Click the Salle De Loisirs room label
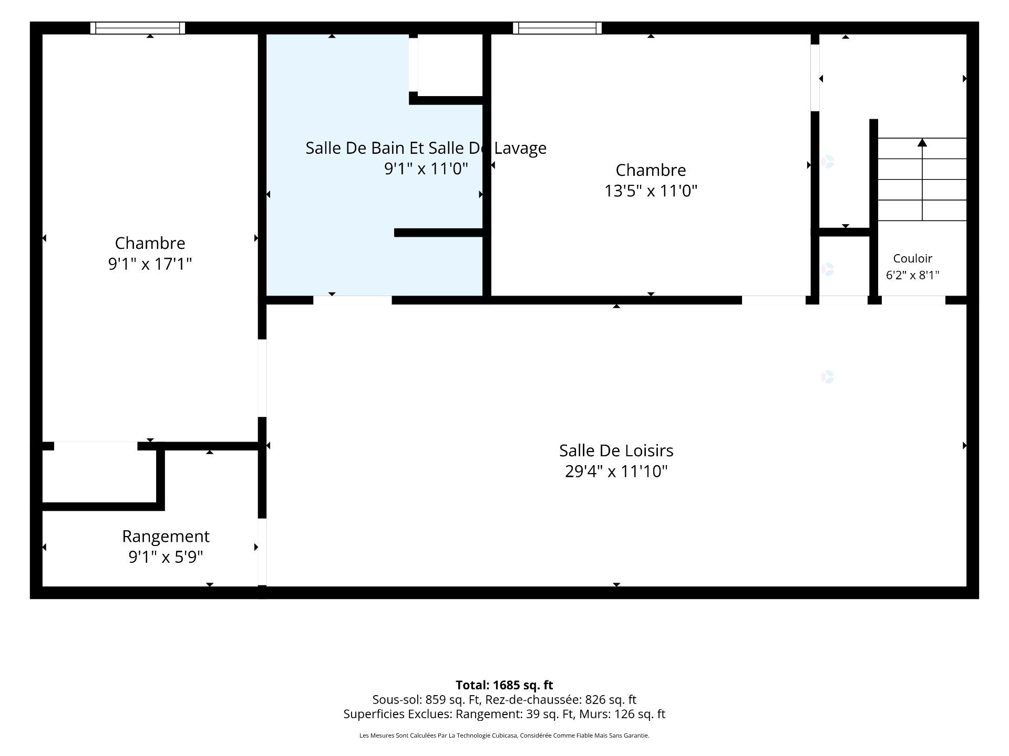(x=616, y=450)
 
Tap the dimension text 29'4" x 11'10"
(x=616, y=471)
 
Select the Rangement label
(x=166, y=537)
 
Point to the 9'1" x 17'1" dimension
(x=150, y=264)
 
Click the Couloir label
(x=913, y=258)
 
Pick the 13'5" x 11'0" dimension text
(x=651, y=191)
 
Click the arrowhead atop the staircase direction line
(x=922, y=142)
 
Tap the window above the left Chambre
(x=138, y=28)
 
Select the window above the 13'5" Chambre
(x=557, y=28)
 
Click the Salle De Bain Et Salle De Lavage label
(x=426, y=148)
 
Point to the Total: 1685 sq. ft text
(x=504, y=685)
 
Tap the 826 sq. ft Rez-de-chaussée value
(x=611, y=700)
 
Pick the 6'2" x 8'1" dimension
(x=913, y=275)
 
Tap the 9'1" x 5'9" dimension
(x=166, y=556)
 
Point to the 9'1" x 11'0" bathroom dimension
(x=426, y=169)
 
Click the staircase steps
(x=922, y=180)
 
